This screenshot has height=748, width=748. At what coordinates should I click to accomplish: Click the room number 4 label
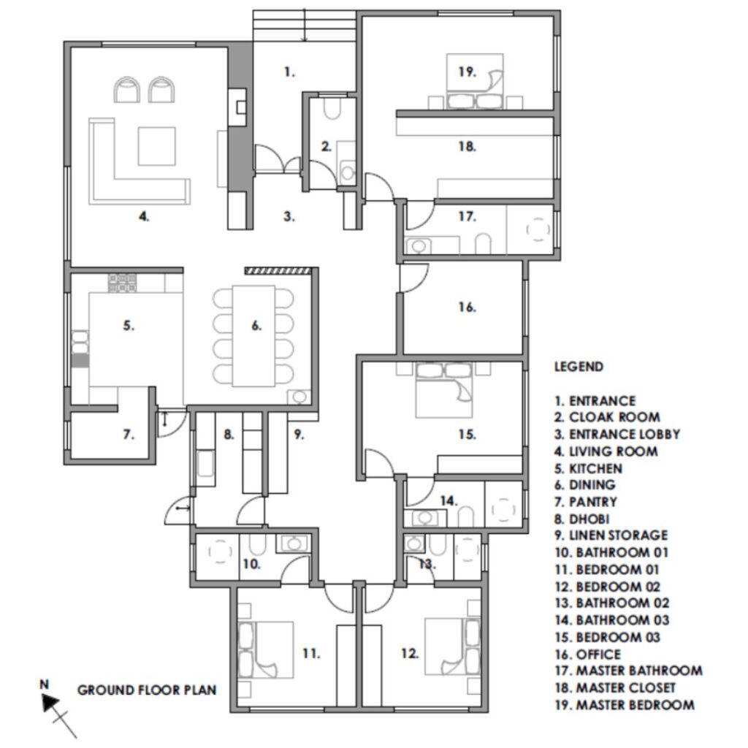[144, 216]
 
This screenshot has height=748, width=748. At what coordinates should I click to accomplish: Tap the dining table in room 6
[253, 335]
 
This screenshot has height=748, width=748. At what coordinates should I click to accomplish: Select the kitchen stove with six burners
[122, 283]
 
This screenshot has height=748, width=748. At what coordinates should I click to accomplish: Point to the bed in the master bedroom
[475, 81]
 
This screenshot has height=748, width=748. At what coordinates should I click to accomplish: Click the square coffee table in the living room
[156, 146]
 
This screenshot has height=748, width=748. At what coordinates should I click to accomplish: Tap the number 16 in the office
[467, 307]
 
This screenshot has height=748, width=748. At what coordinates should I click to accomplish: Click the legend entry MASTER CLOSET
[615, 688]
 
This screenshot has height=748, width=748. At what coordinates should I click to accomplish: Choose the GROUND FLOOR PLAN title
[147, 690]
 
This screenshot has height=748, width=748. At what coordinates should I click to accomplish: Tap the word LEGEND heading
[579, 367]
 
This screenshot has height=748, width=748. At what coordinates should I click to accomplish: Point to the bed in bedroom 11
[265, 649]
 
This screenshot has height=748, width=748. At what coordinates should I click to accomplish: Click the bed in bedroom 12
[453, 647]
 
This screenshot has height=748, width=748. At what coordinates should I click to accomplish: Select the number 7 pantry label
[129, 435]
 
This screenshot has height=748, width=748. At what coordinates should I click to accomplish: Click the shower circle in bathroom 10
[220, 551]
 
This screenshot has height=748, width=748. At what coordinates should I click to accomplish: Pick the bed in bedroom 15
[444, 390]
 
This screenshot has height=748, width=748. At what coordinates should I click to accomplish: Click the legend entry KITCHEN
[588, 468]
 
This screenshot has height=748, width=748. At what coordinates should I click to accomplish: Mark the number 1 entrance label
[289, 72]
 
